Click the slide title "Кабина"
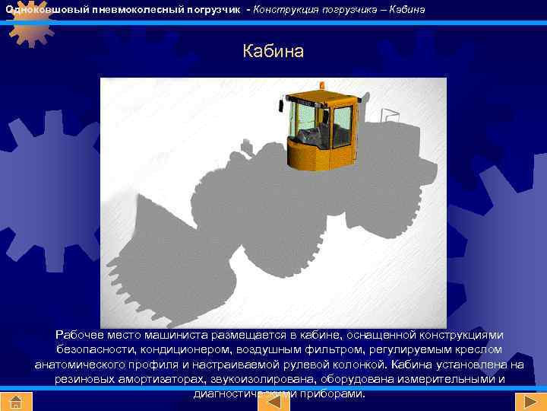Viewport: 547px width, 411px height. pos(273,52)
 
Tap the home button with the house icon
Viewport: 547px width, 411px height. pos(16,402)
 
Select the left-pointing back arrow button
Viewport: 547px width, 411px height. pos(273,402)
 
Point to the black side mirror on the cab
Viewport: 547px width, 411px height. pos(283,104)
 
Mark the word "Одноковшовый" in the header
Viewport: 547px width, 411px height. pos(37,8)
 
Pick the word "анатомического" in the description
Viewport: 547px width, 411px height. pos(80,365)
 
